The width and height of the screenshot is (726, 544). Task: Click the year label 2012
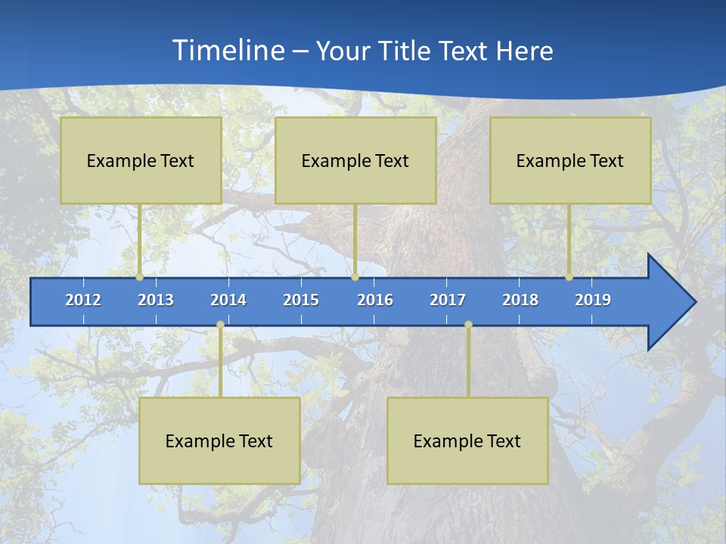pos(83,300)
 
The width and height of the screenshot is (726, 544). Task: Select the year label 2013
pos(156,300)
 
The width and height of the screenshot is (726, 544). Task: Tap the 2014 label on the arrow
pos(228,300)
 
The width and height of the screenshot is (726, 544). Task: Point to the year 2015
pos(301,300)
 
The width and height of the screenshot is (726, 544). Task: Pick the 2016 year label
pos(375,300)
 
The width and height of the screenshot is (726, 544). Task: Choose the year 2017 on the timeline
pos(448,300)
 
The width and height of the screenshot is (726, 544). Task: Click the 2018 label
pos(520,300)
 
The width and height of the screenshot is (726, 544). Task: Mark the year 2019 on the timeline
pos(593,300)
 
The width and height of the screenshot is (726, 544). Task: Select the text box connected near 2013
pos(141,160)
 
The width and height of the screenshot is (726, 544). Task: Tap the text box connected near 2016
pos(355,160)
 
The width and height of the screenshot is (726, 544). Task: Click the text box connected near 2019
pos(570,160)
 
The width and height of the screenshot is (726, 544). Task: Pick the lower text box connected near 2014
pos(219,440)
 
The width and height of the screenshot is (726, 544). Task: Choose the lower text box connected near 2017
pos(467,440)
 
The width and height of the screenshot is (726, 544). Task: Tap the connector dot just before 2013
pos(139,277)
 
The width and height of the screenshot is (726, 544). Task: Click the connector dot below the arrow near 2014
pos(220,325)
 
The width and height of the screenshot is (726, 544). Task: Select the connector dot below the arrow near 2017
pos(468,325)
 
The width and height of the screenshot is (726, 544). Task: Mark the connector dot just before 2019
pos(569,277)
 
